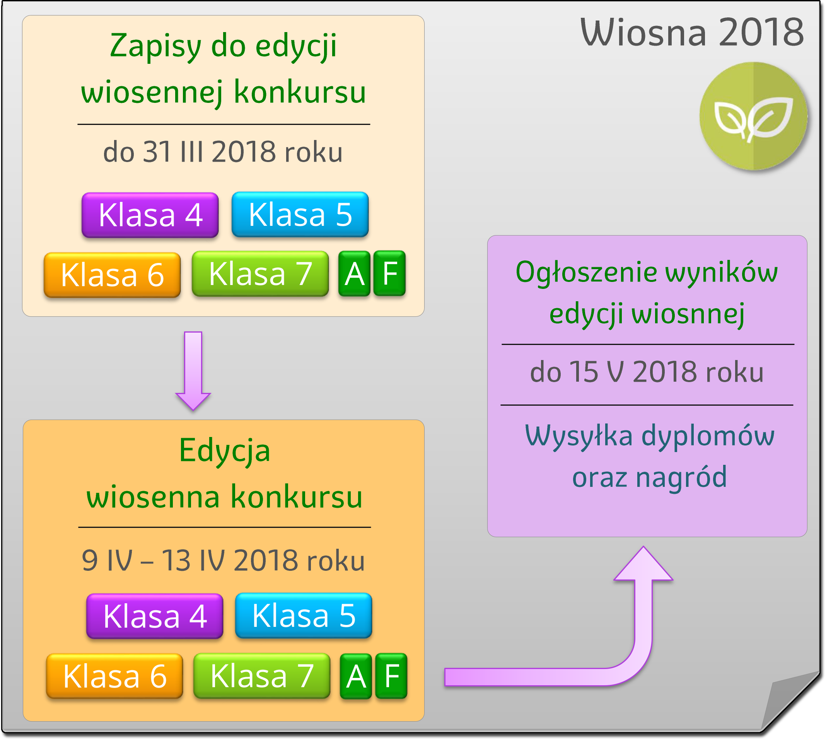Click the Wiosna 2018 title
(691, 32)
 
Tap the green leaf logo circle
(753, 116)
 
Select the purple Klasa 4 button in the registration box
(150, 215)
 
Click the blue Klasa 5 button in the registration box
(300, 214)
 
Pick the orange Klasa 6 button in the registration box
(112, 275)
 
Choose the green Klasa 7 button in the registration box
(260, 274)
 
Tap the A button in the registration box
(355, 274)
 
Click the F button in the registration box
(389, 273)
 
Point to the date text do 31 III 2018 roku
(223, 152)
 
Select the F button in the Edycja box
(391, 676)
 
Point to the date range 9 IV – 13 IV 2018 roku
(224, 560)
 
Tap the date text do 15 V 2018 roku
(647, 372)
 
